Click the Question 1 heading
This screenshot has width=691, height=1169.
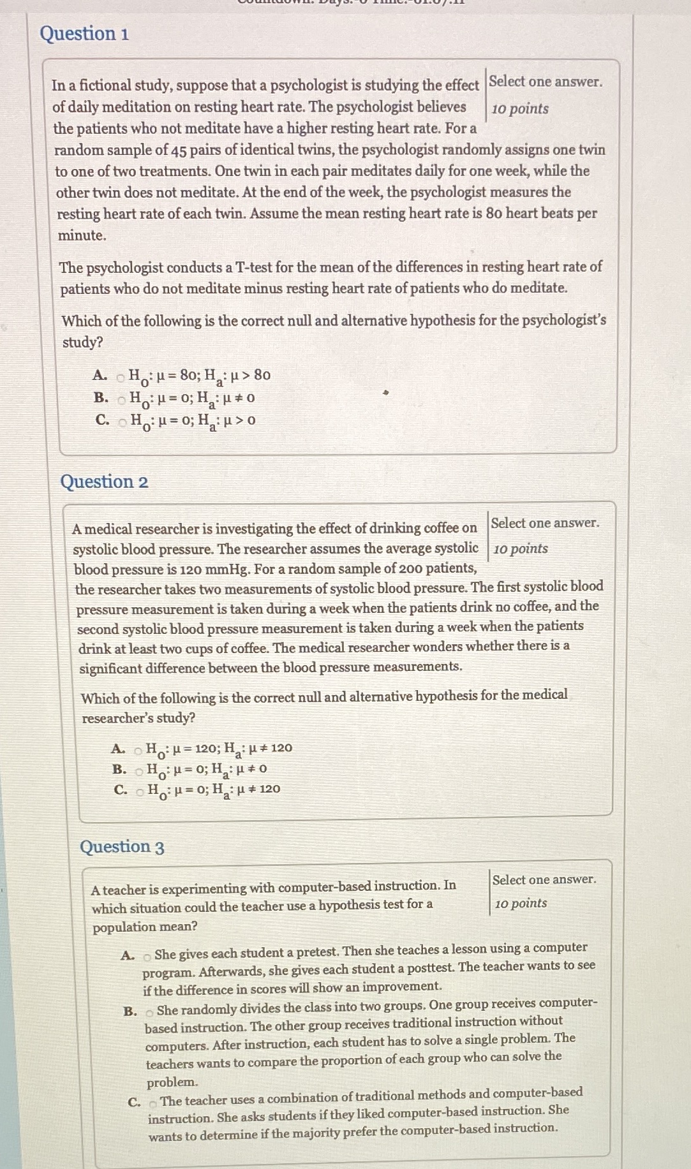pos(84,33)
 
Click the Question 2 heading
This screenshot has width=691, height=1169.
pos(104,482)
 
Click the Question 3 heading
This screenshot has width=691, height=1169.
pos(122,847)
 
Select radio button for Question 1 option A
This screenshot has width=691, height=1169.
pos(120,378)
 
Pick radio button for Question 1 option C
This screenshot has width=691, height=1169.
pos(122,422)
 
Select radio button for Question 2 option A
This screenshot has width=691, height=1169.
pos(138,749)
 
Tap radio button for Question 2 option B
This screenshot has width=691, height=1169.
pos(139,770)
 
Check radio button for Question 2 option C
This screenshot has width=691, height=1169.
pos(140,791)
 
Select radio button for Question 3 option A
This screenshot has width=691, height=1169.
pos(147,956)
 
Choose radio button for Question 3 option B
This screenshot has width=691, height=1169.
pos(149,1011)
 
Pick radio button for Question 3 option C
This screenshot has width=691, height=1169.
pos(153,1103)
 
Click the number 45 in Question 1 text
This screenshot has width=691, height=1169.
pos(179,150)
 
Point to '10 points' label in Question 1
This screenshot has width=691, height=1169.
pos(520,108)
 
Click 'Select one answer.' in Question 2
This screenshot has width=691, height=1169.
pos(545,523)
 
